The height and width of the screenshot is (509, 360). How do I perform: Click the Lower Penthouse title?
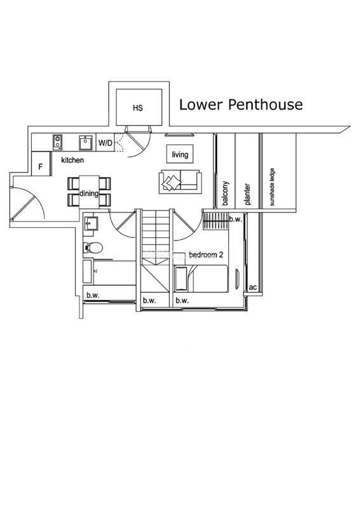tap(241, 105)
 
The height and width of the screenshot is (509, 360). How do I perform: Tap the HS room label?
tap(137, 108)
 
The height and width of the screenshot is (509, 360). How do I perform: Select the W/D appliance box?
tap(105, 143)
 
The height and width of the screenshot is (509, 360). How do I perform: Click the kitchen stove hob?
tap(57, 142)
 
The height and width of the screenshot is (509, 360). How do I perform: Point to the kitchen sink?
tap(85, 143)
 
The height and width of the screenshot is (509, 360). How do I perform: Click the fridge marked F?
tap(41, 164)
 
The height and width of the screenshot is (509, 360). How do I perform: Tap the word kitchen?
tap(73, 160)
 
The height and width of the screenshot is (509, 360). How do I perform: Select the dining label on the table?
tap(89, 193)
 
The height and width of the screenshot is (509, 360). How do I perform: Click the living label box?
tap(180, 155)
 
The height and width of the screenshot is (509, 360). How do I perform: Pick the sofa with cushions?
tap(180, 182)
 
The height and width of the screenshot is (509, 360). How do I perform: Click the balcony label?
tap(226, 193)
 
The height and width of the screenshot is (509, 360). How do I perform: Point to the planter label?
tap(247, 194)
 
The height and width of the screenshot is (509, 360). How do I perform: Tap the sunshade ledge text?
tap(272, 186)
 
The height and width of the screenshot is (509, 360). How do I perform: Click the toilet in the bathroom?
tap(93, 248)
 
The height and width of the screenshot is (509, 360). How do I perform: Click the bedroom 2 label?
tap(206, 255)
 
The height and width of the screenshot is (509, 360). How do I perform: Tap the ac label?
tap(253, 288)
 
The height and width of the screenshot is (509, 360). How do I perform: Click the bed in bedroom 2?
tap(201, 279)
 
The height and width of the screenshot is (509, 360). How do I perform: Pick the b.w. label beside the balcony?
tap(236, 219)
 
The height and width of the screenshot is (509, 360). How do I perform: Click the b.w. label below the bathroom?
tap(93, 295)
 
